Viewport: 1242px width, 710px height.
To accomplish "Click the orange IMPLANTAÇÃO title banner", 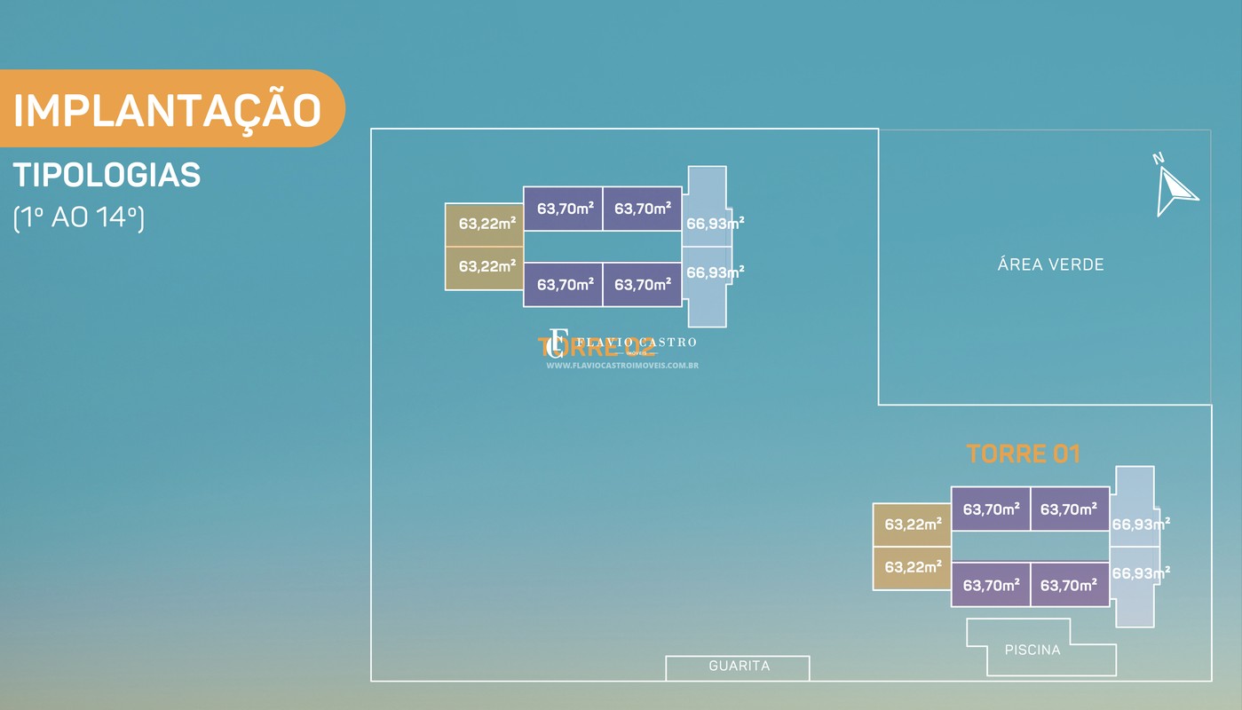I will (169, 109).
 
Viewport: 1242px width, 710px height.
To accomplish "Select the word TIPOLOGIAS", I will (107, 176).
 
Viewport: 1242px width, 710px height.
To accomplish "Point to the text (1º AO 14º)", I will (79, 217).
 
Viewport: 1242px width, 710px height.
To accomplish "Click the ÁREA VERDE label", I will (1050, 264).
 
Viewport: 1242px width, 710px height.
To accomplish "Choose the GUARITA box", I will (738, 667).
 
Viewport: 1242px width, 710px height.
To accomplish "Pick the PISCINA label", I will (1032, 650).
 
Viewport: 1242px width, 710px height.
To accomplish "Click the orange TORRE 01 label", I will (1023, 454).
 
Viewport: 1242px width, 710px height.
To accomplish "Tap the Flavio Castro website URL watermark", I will (621, 365).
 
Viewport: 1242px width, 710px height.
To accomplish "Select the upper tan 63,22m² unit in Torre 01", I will (912, 525).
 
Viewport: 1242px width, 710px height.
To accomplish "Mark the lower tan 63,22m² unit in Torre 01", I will (912, 567).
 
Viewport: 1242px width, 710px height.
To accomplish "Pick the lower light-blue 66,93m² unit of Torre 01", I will (1135, 577).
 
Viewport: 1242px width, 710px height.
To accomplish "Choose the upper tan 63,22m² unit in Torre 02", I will (484, 225).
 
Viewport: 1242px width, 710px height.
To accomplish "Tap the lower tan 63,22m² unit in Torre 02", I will (484, 267).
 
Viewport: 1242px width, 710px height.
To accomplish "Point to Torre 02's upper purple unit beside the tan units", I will (563, 209).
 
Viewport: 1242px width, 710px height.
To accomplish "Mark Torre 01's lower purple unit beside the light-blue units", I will (1070, 585).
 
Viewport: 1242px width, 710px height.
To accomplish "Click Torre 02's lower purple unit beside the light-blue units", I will (642, 285).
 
